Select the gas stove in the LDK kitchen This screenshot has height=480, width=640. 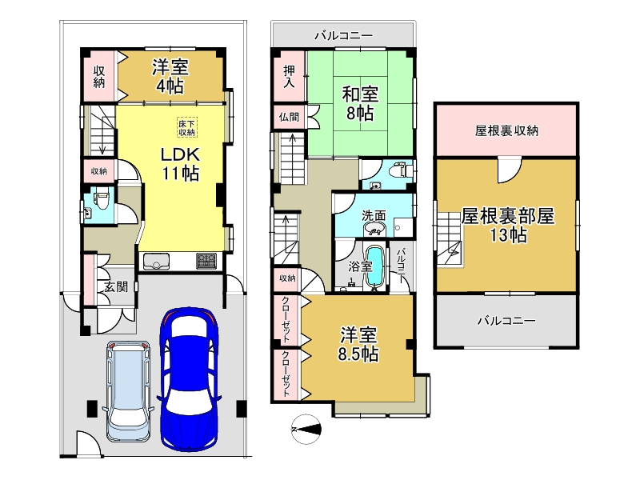click(206, 261)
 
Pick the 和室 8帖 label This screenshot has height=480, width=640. click(358, 102)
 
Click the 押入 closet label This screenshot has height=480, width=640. click(289, 77)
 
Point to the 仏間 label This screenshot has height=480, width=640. click(289, 117)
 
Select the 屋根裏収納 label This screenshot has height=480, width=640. click(506, 130)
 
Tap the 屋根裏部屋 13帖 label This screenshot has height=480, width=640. click(507, 225)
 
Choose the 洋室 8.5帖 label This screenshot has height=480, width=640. click(358, 343)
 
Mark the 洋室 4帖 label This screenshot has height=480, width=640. click(171, 74)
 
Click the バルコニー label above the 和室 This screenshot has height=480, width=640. click(343, 35)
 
